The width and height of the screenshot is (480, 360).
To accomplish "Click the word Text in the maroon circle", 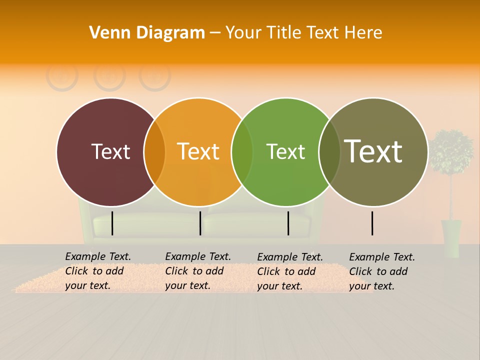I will point(110,151).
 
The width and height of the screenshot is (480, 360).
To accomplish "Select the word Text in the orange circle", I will point(198,151).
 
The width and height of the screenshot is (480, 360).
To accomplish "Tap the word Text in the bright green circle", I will point(285,151).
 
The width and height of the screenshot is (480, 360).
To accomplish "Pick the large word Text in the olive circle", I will point(373,151).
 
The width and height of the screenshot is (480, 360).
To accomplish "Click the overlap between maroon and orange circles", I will point(154,152).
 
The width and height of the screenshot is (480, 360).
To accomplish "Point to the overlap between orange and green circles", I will point(242,152).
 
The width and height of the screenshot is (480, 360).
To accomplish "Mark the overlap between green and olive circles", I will point(329,152).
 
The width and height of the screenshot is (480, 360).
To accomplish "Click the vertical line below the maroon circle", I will point(112,223).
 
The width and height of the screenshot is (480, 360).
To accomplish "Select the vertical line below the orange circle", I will point(200,223).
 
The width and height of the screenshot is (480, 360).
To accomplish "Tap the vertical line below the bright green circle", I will point(288,223).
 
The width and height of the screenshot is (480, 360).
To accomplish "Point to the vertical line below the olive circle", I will point(372,223).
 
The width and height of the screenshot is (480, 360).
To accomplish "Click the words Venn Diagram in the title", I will point(147,33).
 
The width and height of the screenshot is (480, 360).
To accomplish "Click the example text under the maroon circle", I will point(97,271).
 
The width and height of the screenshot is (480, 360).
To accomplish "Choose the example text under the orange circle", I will point(197,271).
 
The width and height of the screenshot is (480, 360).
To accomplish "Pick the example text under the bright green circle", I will point(289,271).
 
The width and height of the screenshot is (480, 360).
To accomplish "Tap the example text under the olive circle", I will point(381,271).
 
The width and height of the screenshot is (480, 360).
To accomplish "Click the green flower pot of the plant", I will point(451,238).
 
